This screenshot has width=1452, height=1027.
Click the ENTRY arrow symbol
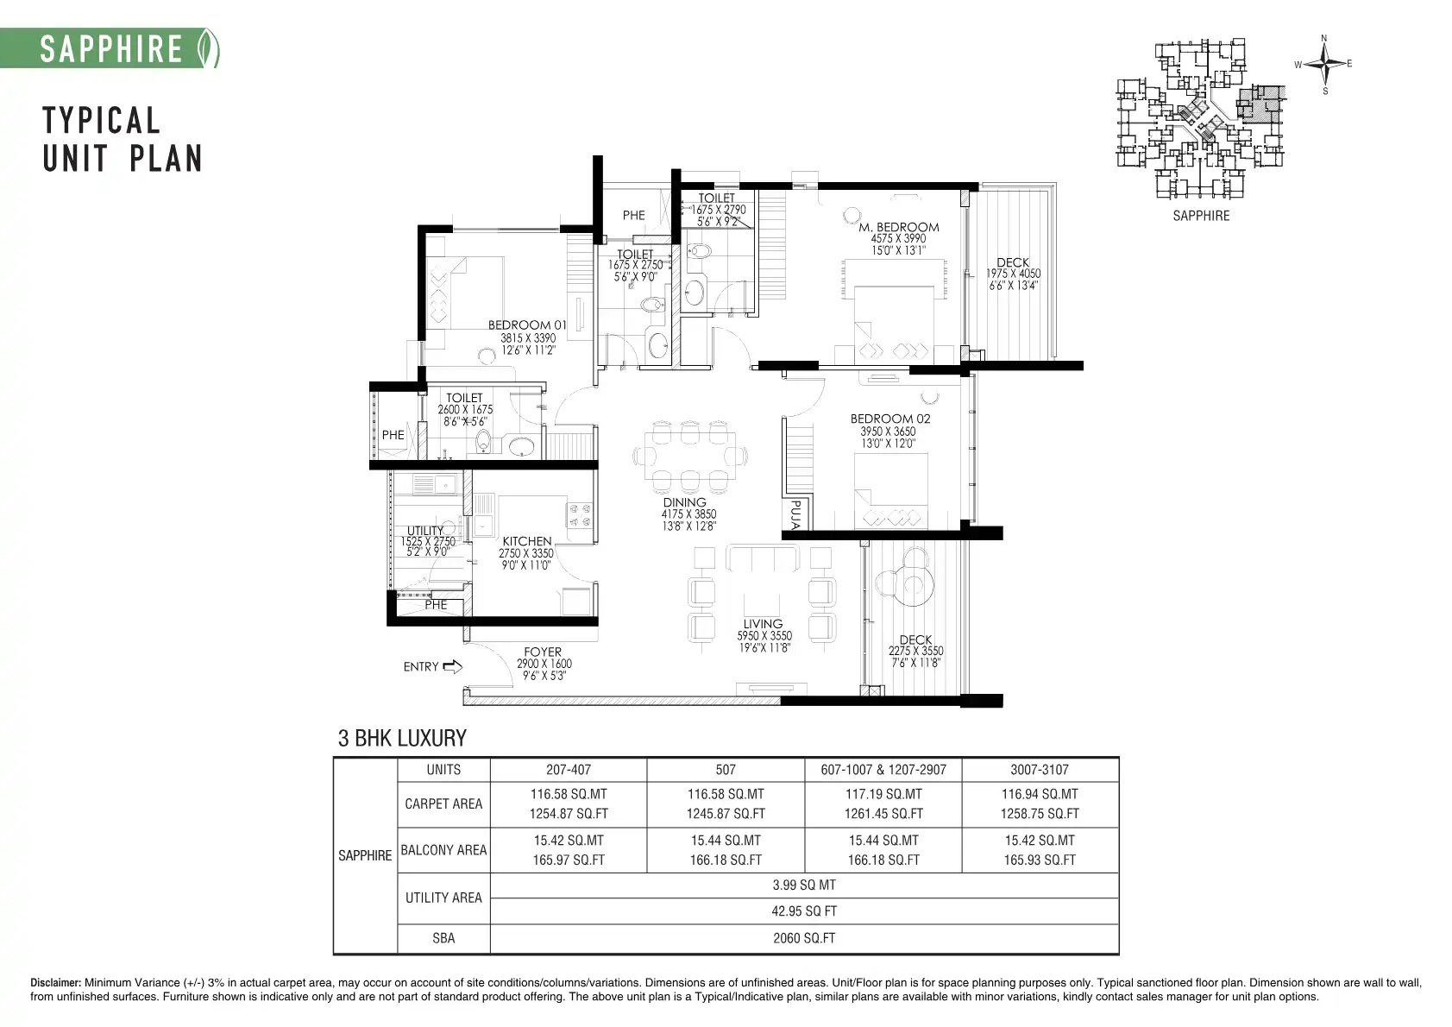click(452, 666)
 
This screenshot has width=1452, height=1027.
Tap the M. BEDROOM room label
click(898, 228)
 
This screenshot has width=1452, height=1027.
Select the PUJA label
click(796, 515)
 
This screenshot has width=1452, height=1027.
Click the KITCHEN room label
click(527, 541)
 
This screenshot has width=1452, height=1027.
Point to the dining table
click(689, 455)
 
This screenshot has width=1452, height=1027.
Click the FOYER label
click(543, 652)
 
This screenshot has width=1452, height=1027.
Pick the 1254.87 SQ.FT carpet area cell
click(569, 814)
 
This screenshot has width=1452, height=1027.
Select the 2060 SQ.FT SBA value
click(804, 938)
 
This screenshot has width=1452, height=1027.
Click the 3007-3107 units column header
click(1039, 770)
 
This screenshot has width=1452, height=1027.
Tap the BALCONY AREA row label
click(443, 850)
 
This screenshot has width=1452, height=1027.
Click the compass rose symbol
click(1325, 64)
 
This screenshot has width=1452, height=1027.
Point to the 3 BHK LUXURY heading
click(402, 738)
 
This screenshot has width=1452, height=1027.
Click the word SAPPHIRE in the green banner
click(111, 49)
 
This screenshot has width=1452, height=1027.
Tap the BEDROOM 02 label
click(890, 419)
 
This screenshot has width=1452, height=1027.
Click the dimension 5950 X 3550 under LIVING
click(764, 636)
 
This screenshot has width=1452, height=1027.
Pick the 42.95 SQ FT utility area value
click(804, 911)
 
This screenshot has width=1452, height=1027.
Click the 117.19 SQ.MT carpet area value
click(883, 794)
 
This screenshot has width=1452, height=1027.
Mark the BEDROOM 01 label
click(527, 324)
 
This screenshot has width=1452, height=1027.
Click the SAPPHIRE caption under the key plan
click(1200, 216)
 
